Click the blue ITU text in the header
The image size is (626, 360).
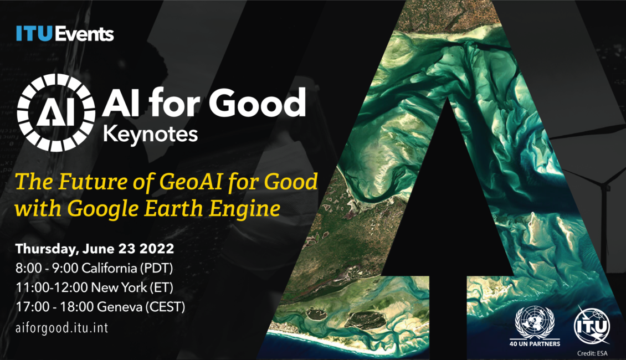34,34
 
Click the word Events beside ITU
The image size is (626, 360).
84,34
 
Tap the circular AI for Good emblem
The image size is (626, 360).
56,112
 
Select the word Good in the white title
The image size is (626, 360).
257,103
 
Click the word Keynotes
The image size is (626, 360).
151,135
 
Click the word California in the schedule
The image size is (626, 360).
109,268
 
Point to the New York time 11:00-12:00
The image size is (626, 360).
52,287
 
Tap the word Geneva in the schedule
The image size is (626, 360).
119,307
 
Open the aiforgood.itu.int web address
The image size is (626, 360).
62,328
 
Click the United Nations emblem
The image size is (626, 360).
535,322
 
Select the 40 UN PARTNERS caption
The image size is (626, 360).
535,343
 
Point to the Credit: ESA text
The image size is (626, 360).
592,353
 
